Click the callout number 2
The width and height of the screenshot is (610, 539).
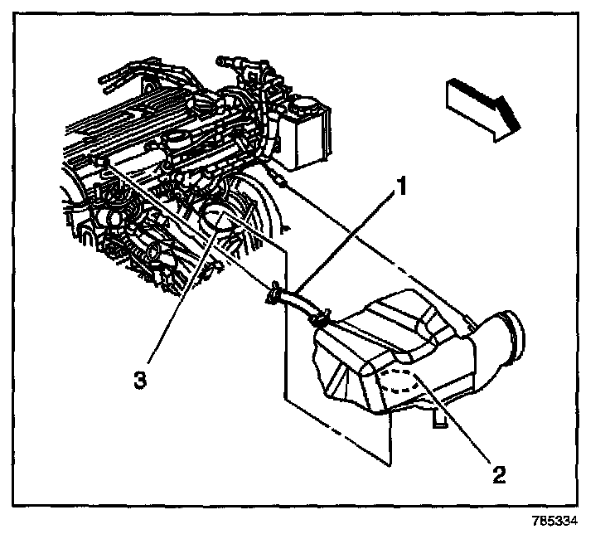(497, 475)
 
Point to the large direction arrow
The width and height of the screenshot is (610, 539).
(484, 104)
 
